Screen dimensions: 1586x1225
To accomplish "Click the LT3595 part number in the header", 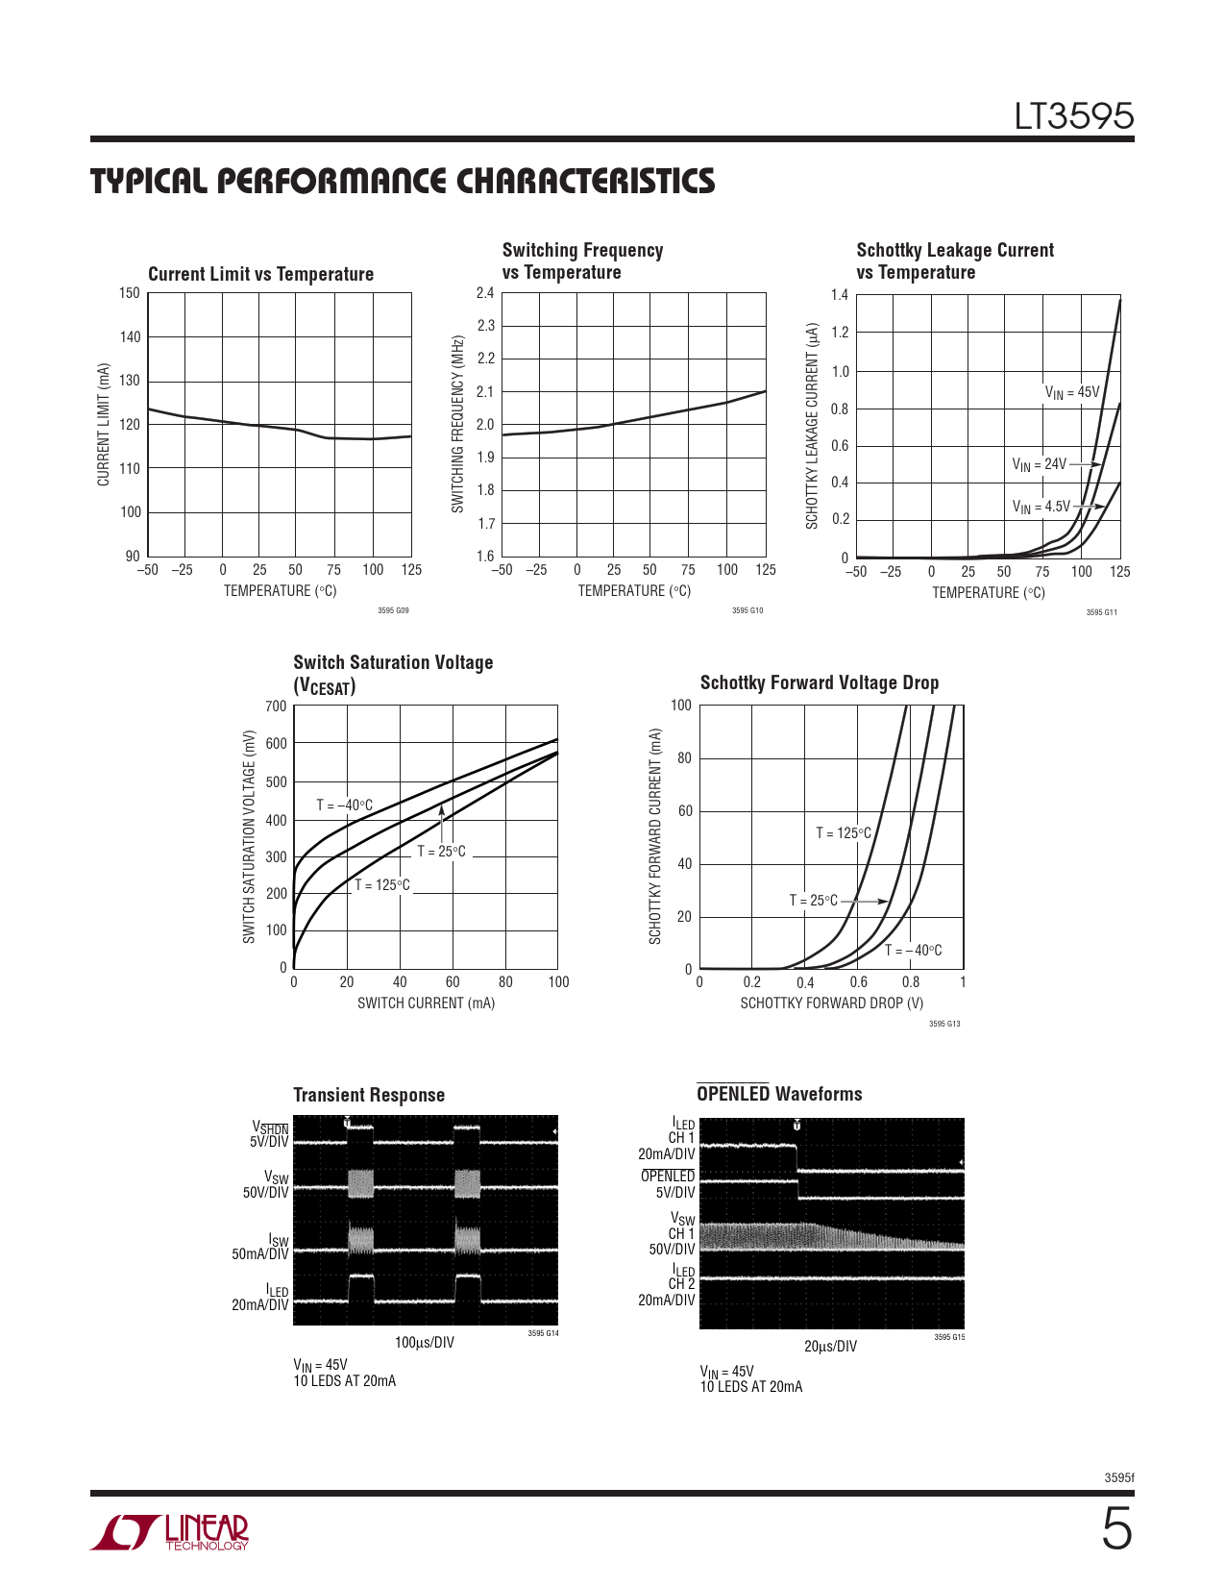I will (1074, 117).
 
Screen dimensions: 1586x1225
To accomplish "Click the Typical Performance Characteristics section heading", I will (403, 181).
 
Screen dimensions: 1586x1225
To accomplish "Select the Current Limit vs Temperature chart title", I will (260, 274).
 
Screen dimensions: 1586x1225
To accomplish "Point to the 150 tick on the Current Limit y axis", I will (130, 293).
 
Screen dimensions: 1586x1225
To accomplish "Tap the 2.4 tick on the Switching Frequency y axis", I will (485, 293).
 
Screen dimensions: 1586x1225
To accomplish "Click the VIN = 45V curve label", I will (1072, 392).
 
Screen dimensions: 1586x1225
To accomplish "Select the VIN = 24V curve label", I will (1039, 464).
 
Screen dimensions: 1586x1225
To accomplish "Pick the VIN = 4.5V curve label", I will (1041, 507).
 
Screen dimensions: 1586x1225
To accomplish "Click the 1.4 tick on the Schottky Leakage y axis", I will (840, 295).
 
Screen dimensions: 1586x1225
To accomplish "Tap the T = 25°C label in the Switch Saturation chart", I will (441, 852).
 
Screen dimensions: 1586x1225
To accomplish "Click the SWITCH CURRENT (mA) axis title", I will (426, 1004).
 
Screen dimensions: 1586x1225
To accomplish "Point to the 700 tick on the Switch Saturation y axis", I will (276, 706).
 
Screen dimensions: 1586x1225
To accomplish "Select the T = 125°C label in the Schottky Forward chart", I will (844, 833).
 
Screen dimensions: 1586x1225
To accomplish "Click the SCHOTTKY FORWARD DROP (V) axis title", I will (831, 1004).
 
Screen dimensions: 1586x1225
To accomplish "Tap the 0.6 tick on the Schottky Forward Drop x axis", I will (858, 982).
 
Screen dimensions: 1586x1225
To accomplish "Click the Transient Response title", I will (369, 1095).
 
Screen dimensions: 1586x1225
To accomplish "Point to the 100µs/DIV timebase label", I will (425, 1342).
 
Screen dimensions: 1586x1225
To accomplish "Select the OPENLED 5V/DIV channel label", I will (668, 1184).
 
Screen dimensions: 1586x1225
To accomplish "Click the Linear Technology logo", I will (170, 1532).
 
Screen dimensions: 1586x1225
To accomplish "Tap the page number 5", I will (1115, 1530).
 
